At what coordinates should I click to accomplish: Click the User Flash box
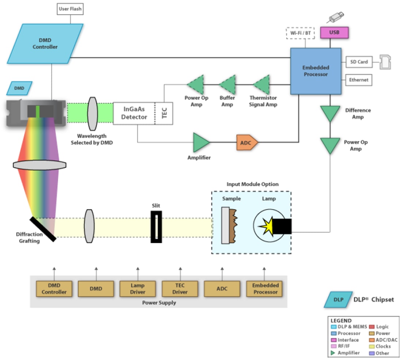tap(70, 9)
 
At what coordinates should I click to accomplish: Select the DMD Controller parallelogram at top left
tap(45, 43)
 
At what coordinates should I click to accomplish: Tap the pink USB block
tap(334, 32)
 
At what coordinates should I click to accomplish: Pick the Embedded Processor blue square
tap(316, 71)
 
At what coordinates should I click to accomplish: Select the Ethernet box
tap(359, 80)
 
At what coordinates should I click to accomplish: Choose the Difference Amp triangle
tap(330, 114)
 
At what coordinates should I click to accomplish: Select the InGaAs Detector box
tap(134, 113)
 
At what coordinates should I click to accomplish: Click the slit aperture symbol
tap(156, 227)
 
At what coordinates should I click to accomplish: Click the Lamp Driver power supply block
tap(138, 289)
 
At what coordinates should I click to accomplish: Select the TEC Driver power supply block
tap(180, 289)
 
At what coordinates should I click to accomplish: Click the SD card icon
tap(385, 62)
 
